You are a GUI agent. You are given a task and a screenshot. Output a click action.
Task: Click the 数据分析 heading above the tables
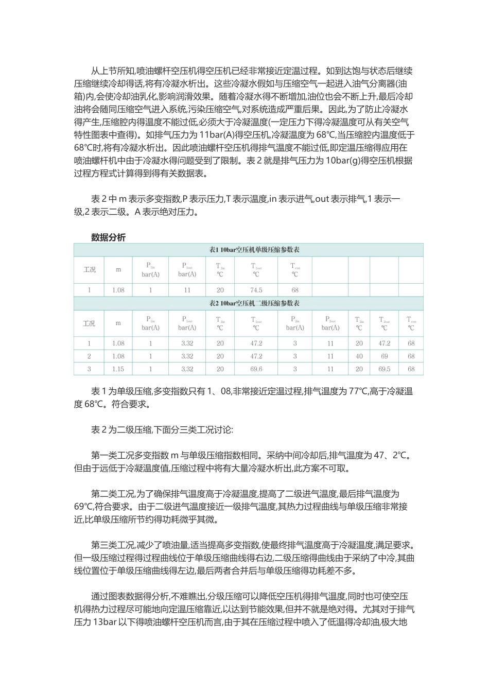108,237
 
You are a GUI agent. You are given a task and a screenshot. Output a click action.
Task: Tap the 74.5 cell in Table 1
256,290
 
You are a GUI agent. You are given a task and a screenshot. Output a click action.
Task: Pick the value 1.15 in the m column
118,369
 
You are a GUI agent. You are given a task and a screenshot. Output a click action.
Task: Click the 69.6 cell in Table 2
256,369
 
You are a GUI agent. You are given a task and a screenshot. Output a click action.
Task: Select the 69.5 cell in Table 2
384,369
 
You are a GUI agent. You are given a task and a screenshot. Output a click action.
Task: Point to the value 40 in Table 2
359,356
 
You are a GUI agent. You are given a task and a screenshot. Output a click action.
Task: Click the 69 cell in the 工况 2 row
384,356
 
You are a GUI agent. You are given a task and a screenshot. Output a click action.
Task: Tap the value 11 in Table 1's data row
187,290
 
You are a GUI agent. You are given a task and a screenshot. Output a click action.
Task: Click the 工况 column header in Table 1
89,269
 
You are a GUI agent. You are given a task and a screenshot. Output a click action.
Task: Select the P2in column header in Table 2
295,323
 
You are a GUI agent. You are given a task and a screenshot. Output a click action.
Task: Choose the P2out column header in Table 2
330,323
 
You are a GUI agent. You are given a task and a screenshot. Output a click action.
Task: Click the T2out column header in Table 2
384,323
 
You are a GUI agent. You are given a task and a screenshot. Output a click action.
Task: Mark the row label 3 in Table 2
89,369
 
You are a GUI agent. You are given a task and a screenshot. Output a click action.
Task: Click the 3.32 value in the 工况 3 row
187,369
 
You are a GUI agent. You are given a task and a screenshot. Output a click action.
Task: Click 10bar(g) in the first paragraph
343,160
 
